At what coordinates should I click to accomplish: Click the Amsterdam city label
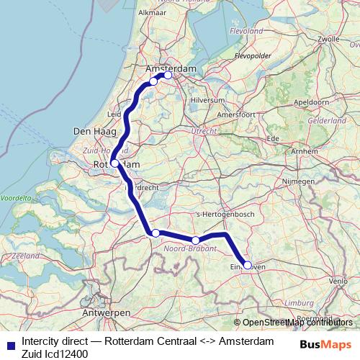[171, 68]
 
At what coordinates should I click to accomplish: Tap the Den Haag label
[91, 131]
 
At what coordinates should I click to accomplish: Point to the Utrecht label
[204, 130]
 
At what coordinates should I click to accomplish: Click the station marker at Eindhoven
[248, 265]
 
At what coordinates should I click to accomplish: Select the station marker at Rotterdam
[114, 163]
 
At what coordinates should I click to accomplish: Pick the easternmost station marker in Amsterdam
[168, 75]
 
